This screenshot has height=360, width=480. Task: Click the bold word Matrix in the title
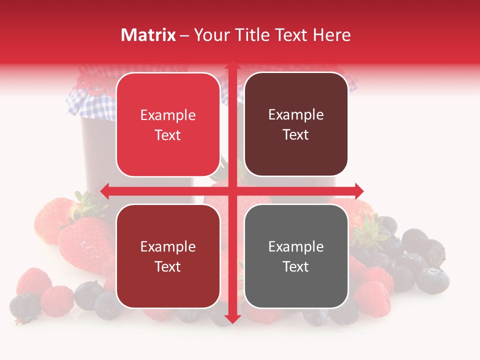148,35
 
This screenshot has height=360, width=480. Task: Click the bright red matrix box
168,124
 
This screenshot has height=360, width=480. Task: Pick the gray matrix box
296,256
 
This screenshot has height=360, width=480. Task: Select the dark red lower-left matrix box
168,256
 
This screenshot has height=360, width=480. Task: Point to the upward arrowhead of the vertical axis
232,66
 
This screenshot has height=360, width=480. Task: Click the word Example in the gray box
296,246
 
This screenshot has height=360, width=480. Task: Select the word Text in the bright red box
168,135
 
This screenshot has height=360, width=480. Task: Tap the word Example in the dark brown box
296,114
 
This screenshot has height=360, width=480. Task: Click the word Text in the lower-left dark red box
168,266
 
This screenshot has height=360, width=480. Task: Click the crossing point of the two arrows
232,190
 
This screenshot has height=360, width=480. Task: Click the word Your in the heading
210,35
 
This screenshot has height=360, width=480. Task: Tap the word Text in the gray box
296,266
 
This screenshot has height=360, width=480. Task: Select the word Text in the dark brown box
296,135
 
